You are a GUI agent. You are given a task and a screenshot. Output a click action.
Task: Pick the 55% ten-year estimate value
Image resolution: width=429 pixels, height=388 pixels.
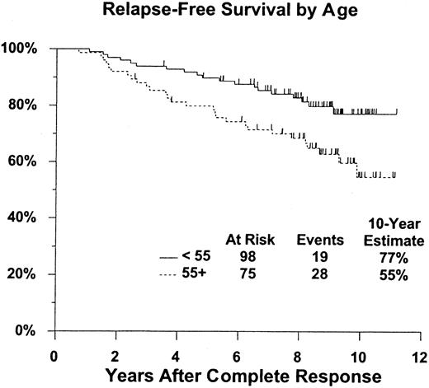[x=389, y=275]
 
